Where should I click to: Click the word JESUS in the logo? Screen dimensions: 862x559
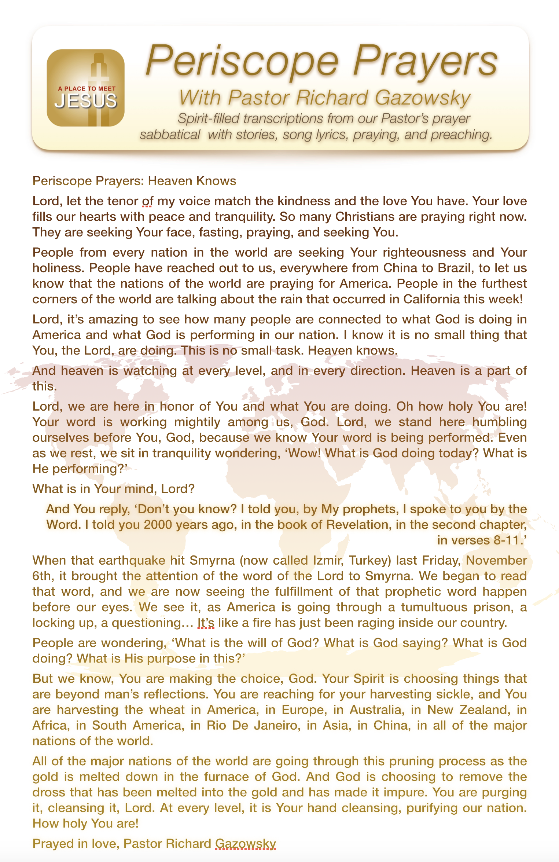(86, 101)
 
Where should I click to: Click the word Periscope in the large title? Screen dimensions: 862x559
(242, 61)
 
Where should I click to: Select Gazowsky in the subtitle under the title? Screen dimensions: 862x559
(422, 98)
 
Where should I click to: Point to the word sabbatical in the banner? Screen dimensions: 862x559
(170, 135)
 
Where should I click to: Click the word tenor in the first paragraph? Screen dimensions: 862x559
(122, 201)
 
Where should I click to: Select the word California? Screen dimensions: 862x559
(431, 299)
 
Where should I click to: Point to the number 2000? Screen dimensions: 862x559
(158, 525)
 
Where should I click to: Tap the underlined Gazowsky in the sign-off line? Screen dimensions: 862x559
(245, 844)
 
